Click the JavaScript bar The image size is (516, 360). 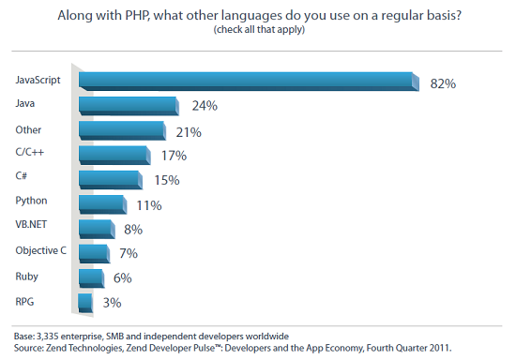(249, 82)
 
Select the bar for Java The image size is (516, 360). (129, 106)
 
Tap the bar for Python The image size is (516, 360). (103, 204)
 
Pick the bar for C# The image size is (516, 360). (111, 180)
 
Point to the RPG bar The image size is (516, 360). (85, 303)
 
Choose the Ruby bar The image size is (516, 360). (92, 278)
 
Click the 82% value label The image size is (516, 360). (443, 83)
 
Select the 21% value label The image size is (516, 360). (189, 132)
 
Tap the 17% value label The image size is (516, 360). (174, 156)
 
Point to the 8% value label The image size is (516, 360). (133, 230)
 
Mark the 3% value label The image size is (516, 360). (113, 303)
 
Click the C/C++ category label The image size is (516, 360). (30, 152)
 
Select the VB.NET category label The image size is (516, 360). (31, 225)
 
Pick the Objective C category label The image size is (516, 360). (40, 251)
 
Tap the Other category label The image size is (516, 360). (28, 130)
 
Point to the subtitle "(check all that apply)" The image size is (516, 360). (259, 30)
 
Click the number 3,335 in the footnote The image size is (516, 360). (48, 337)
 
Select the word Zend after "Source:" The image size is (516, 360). (55, 348)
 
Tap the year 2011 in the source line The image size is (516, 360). (440, 348)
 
